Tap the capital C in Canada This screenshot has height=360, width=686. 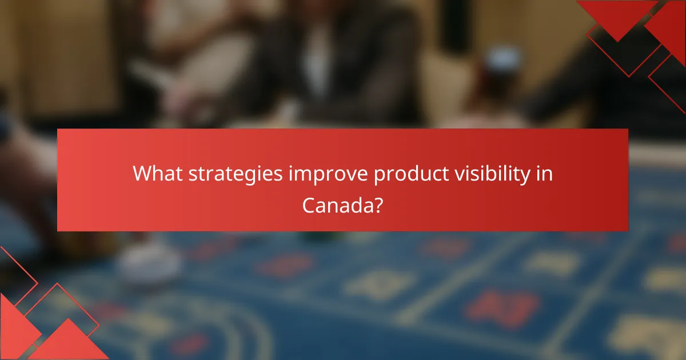309,205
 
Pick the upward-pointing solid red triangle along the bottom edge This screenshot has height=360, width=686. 69,343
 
